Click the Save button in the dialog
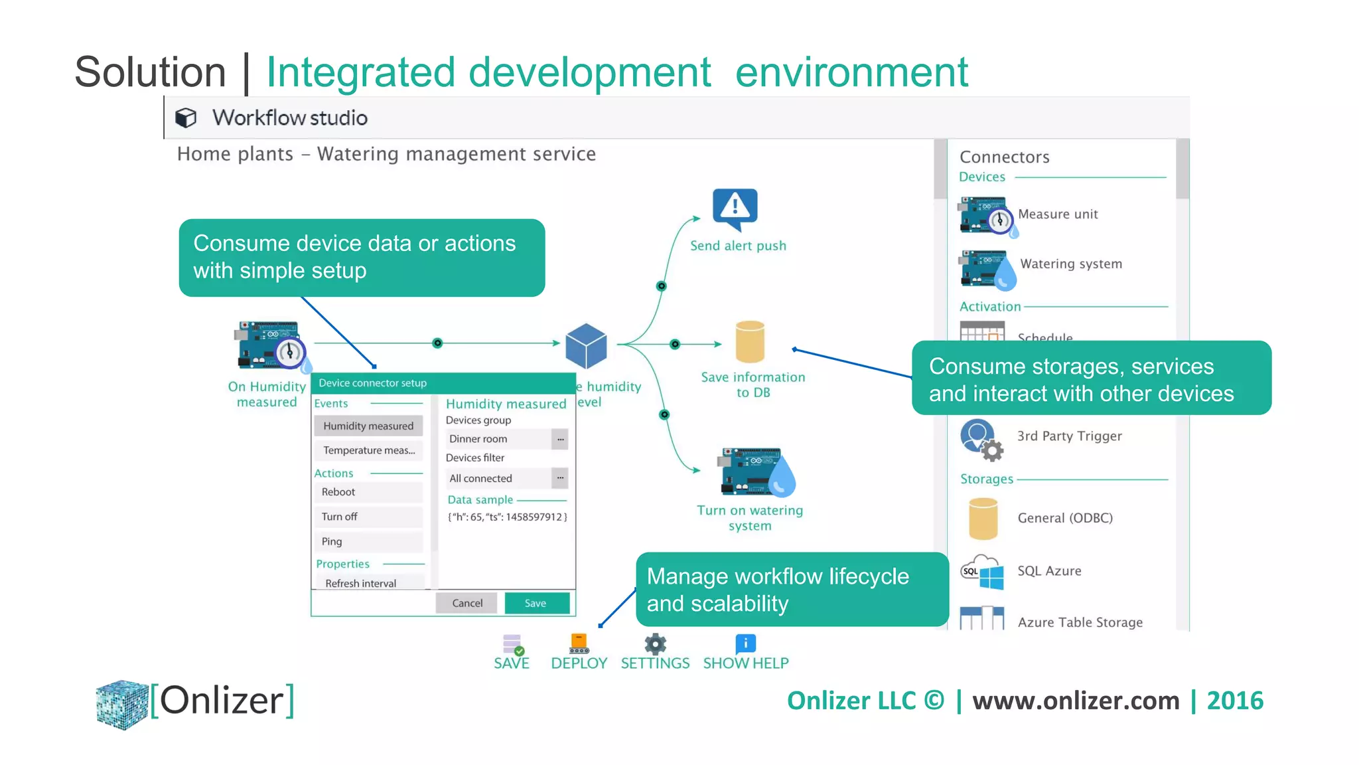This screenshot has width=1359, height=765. [536, 603]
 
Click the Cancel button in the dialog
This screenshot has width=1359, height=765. [467, 603]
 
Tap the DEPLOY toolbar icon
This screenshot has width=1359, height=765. [579, 643]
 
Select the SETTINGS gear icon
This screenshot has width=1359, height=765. [655, 643]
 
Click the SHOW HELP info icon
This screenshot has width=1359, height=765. [745, 643]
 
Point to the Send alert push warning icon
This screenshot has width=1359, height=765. [735, 208]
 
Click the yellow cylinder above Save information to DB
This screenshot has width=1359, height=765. [750, 341]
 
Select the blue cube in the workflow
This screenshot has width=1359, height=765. [586, 346]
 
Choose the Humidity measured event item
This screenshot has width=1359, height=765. [368, 426]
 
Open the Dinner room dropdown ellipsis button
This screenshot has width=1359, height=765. [560, 439]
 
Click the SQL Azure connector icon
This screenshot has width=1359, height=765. [983, 572]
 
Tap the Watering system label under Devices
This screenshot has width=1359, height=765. [1070, 264]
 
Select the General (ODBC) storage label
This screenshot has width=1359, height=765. [1064, 518]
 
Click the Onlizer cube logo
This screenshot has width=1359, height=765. [122, 704]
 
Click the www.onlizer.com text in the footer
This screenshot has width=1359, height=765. [1076, 701]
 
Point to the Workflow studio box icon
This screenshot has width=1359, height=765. [186, 118]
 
